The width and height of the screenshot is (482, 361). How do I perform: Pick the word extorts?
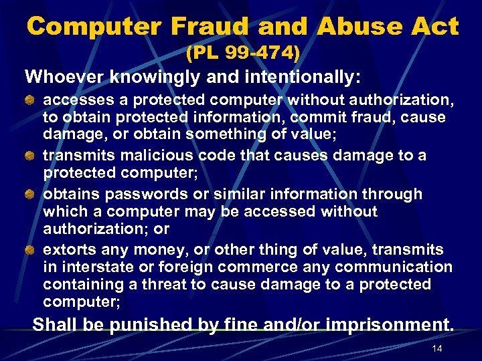69,250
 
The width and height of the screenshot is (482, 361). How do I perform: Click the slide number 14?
438,350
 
